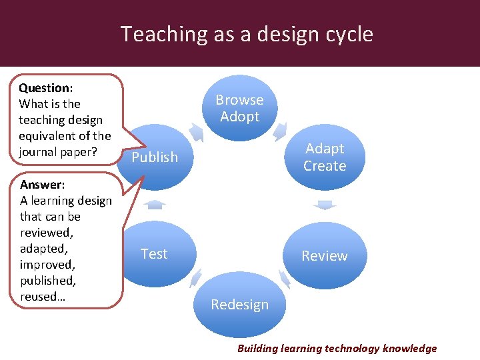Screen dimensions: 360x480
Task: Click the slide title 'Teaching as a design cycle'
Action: coord(247,34)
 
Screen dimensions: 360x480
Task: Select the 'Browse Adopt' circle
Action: coord(239,108)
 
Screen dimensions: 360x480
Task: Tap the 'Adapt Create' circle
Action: coord(325,157)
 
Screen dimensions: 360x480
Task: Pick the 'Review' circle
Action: coord(325,256)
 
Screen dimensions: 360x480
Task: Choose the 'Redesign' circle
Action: coord(239,305)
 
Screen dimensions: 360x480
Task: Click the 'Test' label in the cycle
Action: coord(154,254)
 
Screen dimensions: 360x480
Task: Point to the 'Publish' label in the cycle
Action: coord(155,157)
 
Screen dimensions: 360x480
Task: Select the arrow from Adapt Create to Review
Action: coord(325,205)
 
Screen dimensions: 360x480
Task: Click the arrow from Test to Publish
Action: coord(155,204)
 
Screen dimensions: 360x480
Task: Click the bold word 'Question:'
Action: coord(46,88)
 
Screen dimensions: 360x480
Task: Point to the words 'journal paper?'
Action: coord(58,152)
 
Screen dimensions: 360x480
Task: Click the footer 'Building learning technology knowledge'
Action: coord(337,348)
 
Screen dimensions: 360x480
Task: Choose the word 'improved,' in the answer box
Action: coord(47,265)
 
